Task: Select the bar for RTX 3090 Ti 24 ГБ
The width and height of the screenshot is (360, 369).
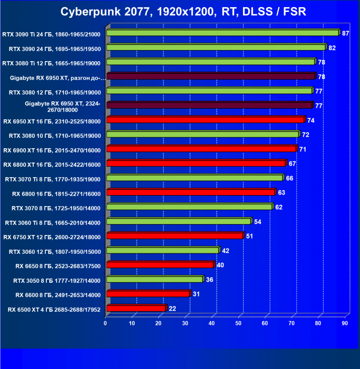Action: (x=223, y=33)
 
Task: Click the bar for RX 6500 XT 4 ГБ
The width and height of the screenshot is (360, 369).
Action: (x=136, y=308)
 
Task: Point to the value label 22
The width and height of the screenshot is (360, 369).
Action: (x=172, y=309)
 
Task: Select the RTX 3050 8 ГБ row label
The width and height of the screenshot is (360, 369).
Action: (x=57, y=280)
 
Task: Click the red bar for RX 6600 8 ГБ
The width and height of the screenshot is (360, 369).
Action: (x=148, y=294)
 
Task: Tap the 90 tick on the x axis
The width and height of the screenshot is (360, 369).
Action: (x=345, y=323)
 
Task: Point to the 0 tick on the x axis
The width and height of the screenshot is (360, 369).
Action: (x=106, y=323)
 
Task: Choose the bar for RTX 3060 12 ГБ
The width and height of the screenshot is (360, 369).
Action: (x=162, y=250)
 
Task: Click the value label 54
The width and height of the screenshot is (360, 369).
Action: (x=258, y=222)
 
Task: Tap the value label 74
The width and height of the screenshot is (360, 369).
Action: (x=311, y=120)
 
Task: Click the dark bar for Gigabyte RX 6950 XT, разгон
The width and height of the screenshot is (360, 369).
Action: (x=211, y=76)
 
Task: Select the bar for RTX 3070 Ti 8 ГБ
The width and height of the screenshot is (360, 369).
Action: (x=195, y=178)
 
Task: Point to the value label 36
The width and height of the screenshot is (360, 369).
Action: (x=209, y=280)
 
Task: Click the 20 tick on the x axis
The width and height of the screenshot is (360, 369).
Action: (x=159, y=323)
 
